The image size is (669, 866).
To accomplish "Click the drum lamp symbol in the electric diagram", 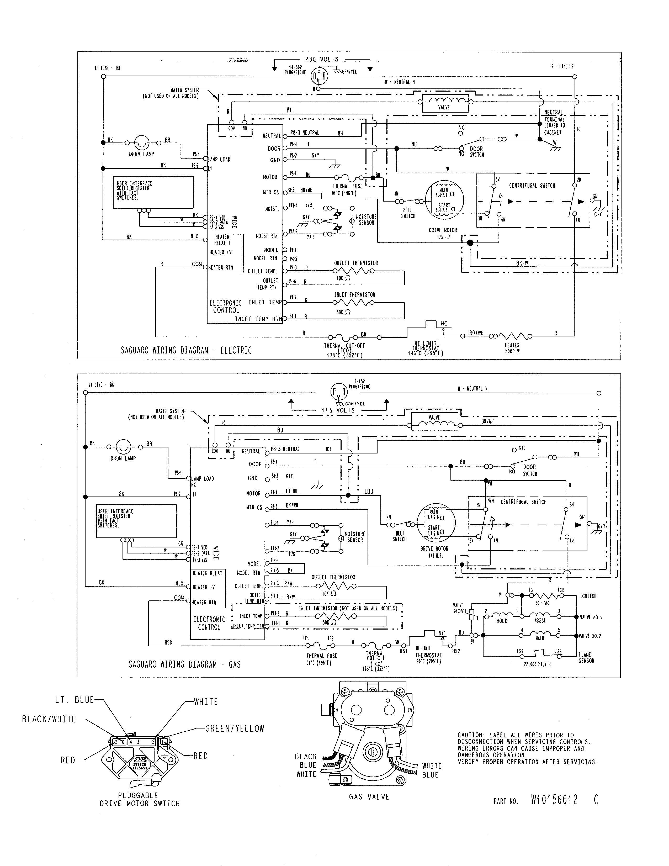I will tap(141, 142).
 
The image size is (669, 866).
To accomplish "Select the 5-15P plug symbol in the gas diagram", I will tap(339, 393).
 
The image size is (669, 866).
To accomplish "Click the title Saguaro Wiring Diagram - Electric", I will tap(186, 350).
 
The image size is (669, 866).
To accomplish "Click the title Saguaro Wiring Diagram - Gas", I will tap(184, 664).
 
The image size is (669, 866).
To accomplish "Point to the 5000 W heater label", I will tap(512, 348).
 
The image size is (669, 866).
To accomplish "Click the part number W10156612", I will tap(554, 800).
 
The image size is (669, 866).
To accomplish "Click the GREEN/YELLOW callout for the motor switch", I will tap(235, 728).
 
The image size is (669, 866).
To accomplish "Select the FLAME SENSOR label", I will tap(586, 657).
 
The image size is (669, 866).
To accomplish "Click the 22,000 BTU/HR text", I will tap(537, 664).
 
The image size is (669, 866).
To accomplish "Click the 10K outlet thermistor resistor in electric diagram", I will tap(354, 271).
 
